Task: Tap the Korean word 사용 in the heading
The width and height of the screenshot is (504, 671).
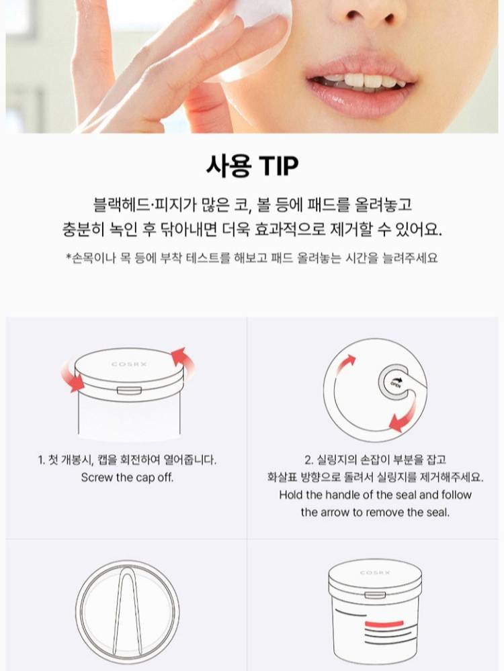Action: [x=228, y=165]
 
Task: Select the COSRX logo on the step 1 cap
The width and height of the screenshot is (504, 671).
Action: [x=129, y=364]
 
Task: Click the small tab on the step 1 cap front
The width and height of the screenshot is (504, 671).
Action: [x=126, y=390]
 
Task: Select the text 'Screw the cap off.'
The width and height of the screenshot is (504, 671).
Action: [x=127, y=477]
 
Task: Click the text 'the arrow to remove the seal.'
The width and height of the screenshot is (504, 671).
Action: [x=375, y=512]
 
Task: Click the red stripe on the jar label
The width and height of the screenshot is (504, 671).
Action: [x=384, y=622]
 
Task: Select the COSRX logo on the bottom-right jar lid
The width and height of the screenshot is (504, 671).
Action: [x=375, y=572]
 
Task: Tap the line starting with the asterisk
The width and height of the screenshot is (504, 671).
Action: [x=252, y=258]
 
